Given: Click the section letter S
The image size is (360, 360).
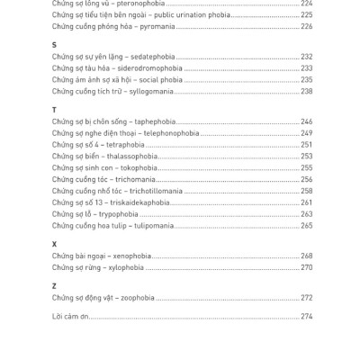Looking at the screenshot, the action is [54, 44].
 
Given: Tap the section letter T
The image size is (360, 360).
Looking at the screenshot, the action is [54, 110].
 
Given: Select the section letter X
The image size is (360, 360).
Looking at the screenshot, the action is [54, 244].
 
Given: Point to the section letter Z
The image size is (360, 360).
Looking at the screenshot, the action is [54, 286].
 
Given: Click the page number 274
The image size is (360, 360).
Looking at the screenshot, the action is [306, 317].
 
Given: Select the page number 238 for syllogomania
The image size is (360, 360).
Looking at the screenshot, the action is [306, 92].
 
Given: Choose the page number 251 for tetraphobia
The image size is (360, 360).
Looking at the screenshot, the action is [306, 145].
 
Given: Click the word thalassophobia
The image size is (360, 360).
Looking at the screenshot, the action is [134, 157].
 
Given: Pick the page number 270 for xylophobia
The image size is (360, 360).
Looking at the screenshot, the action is [306, 267].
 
